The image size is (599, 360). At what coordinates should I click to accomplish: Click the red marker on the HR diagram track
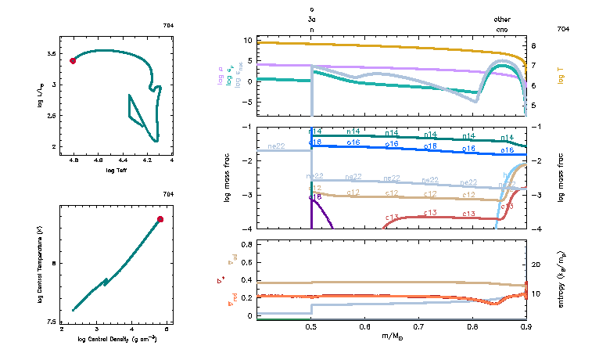click(x=73, y=60)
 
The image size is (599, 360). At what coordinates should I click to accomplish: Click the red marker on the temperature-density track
click(x=160, y=219)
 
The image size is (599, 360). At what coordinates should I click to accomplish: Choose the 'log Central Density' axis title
click(x=118, y=339)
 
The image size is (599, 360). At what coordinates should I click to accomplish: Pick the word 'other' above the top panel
click(x=503, y=20)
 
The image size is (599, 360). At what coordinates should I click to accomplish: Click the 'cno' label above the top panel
click(x=503, y=29)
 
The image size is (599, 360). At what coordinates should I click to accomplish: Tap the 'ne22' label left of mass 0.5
click(x=277, y=146)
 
